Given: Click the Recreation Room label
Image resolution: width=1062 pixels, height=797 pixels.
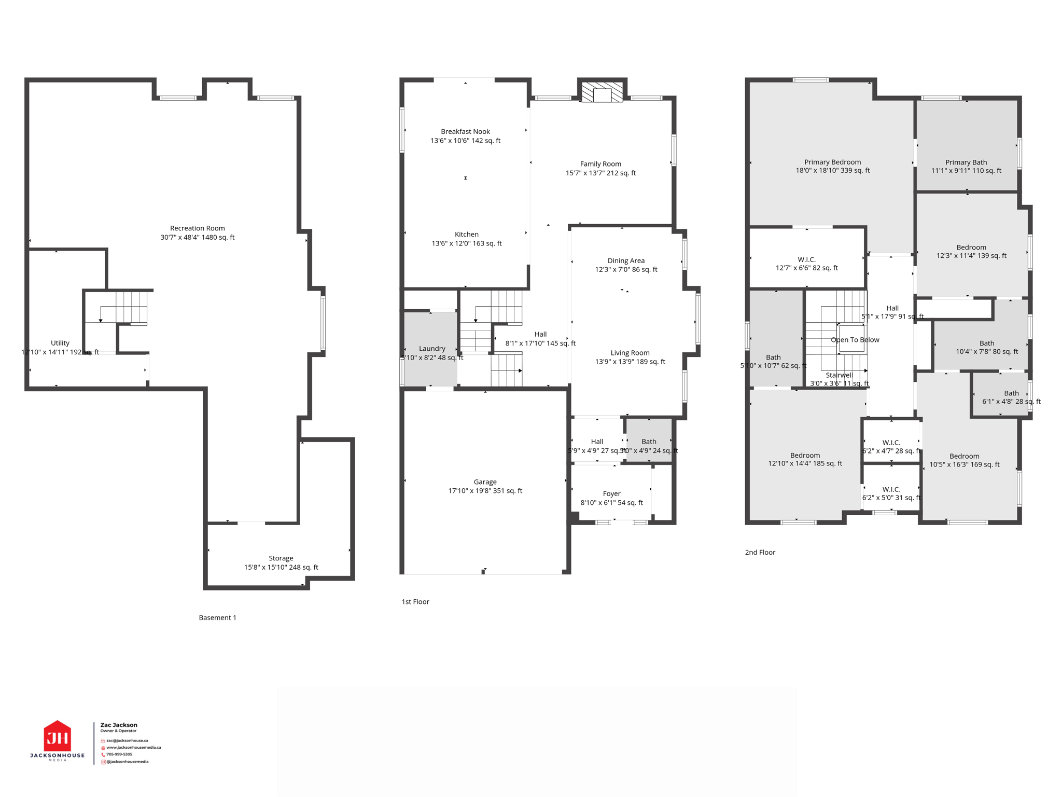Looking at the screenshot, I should [197, 229].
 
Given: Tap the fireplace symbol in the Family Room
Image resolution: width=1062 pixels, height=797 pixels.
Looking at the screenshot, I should [602, 93].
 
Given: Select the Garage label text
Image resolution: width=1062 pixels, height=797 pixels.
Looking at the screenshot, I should [485, 482].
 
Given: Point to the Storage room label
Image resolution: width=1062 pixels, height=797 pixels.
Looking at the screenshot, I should [281, 558].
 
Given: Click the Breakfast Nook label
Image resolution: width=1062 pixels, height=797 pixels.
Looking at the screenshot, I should [465, 132].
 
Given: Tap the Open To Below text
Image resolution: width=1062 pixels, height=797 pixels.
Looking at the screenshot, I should [855, 340].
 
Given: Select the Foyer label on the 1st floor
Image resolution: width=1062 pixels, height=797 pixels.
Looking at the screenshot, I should [611, 494].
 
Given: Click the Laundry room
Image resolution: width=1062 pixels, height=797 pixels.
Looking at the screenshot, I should [431, 349].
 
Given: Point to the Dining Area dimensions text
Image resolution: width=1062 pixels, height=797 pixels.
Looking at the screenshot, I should [626, 270].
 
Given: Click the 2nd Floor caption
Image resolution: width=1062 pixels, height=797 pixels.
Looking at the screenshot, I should [760, 552].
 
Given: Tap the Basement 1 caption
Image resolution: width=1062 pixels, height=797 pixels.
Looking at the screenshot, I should [217, 617].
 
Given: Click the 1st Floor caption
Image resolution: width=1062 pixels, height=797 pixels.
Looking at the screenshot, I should [415, 602].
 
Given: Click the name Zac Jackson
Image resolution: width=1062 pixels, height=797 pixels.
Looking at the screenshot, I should [119, 725].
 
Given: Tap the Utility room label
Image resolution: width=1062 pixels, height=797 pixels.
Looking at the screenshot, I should [60, 343].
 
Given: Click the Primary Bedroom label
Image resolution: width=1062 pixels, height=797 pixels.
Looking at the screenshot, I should [832, 162].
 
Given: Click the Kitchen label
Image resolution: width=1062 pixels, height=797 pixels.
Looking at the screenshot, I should [466, 235].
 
